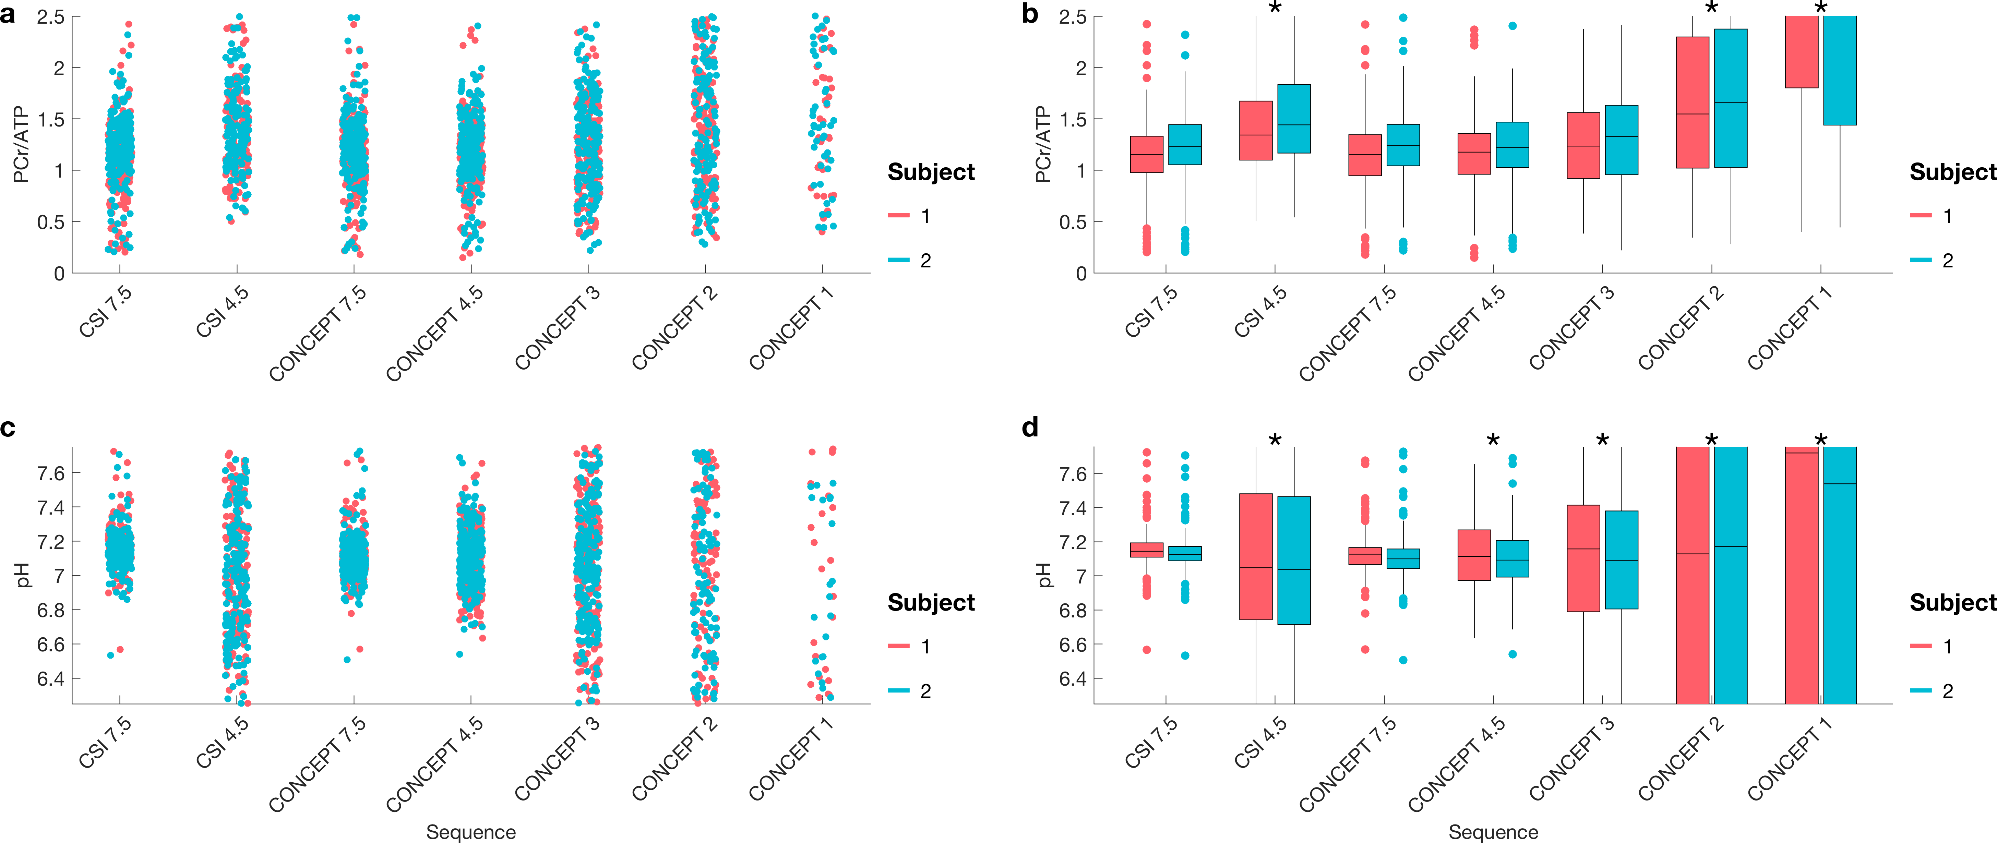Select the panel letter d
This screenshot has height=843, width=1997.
click(x=1030, y=427)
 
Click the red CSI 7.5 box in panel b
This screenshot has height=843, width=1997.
click(x=1147, y=154)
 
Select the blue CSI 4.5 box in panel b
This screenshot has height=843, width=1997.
click(x=1294, y=119)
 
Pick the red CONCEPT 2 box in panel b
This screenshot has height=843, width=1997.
click(x=1692, y=102)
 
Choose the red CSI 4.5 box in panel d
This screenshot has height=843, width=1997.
click(x=1256, y=556)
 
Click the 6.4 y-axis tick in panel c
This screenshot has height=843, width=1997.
click(x=51, y=679)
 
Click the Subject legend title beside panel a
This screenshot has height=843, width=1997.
click(x=931, y=172)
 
